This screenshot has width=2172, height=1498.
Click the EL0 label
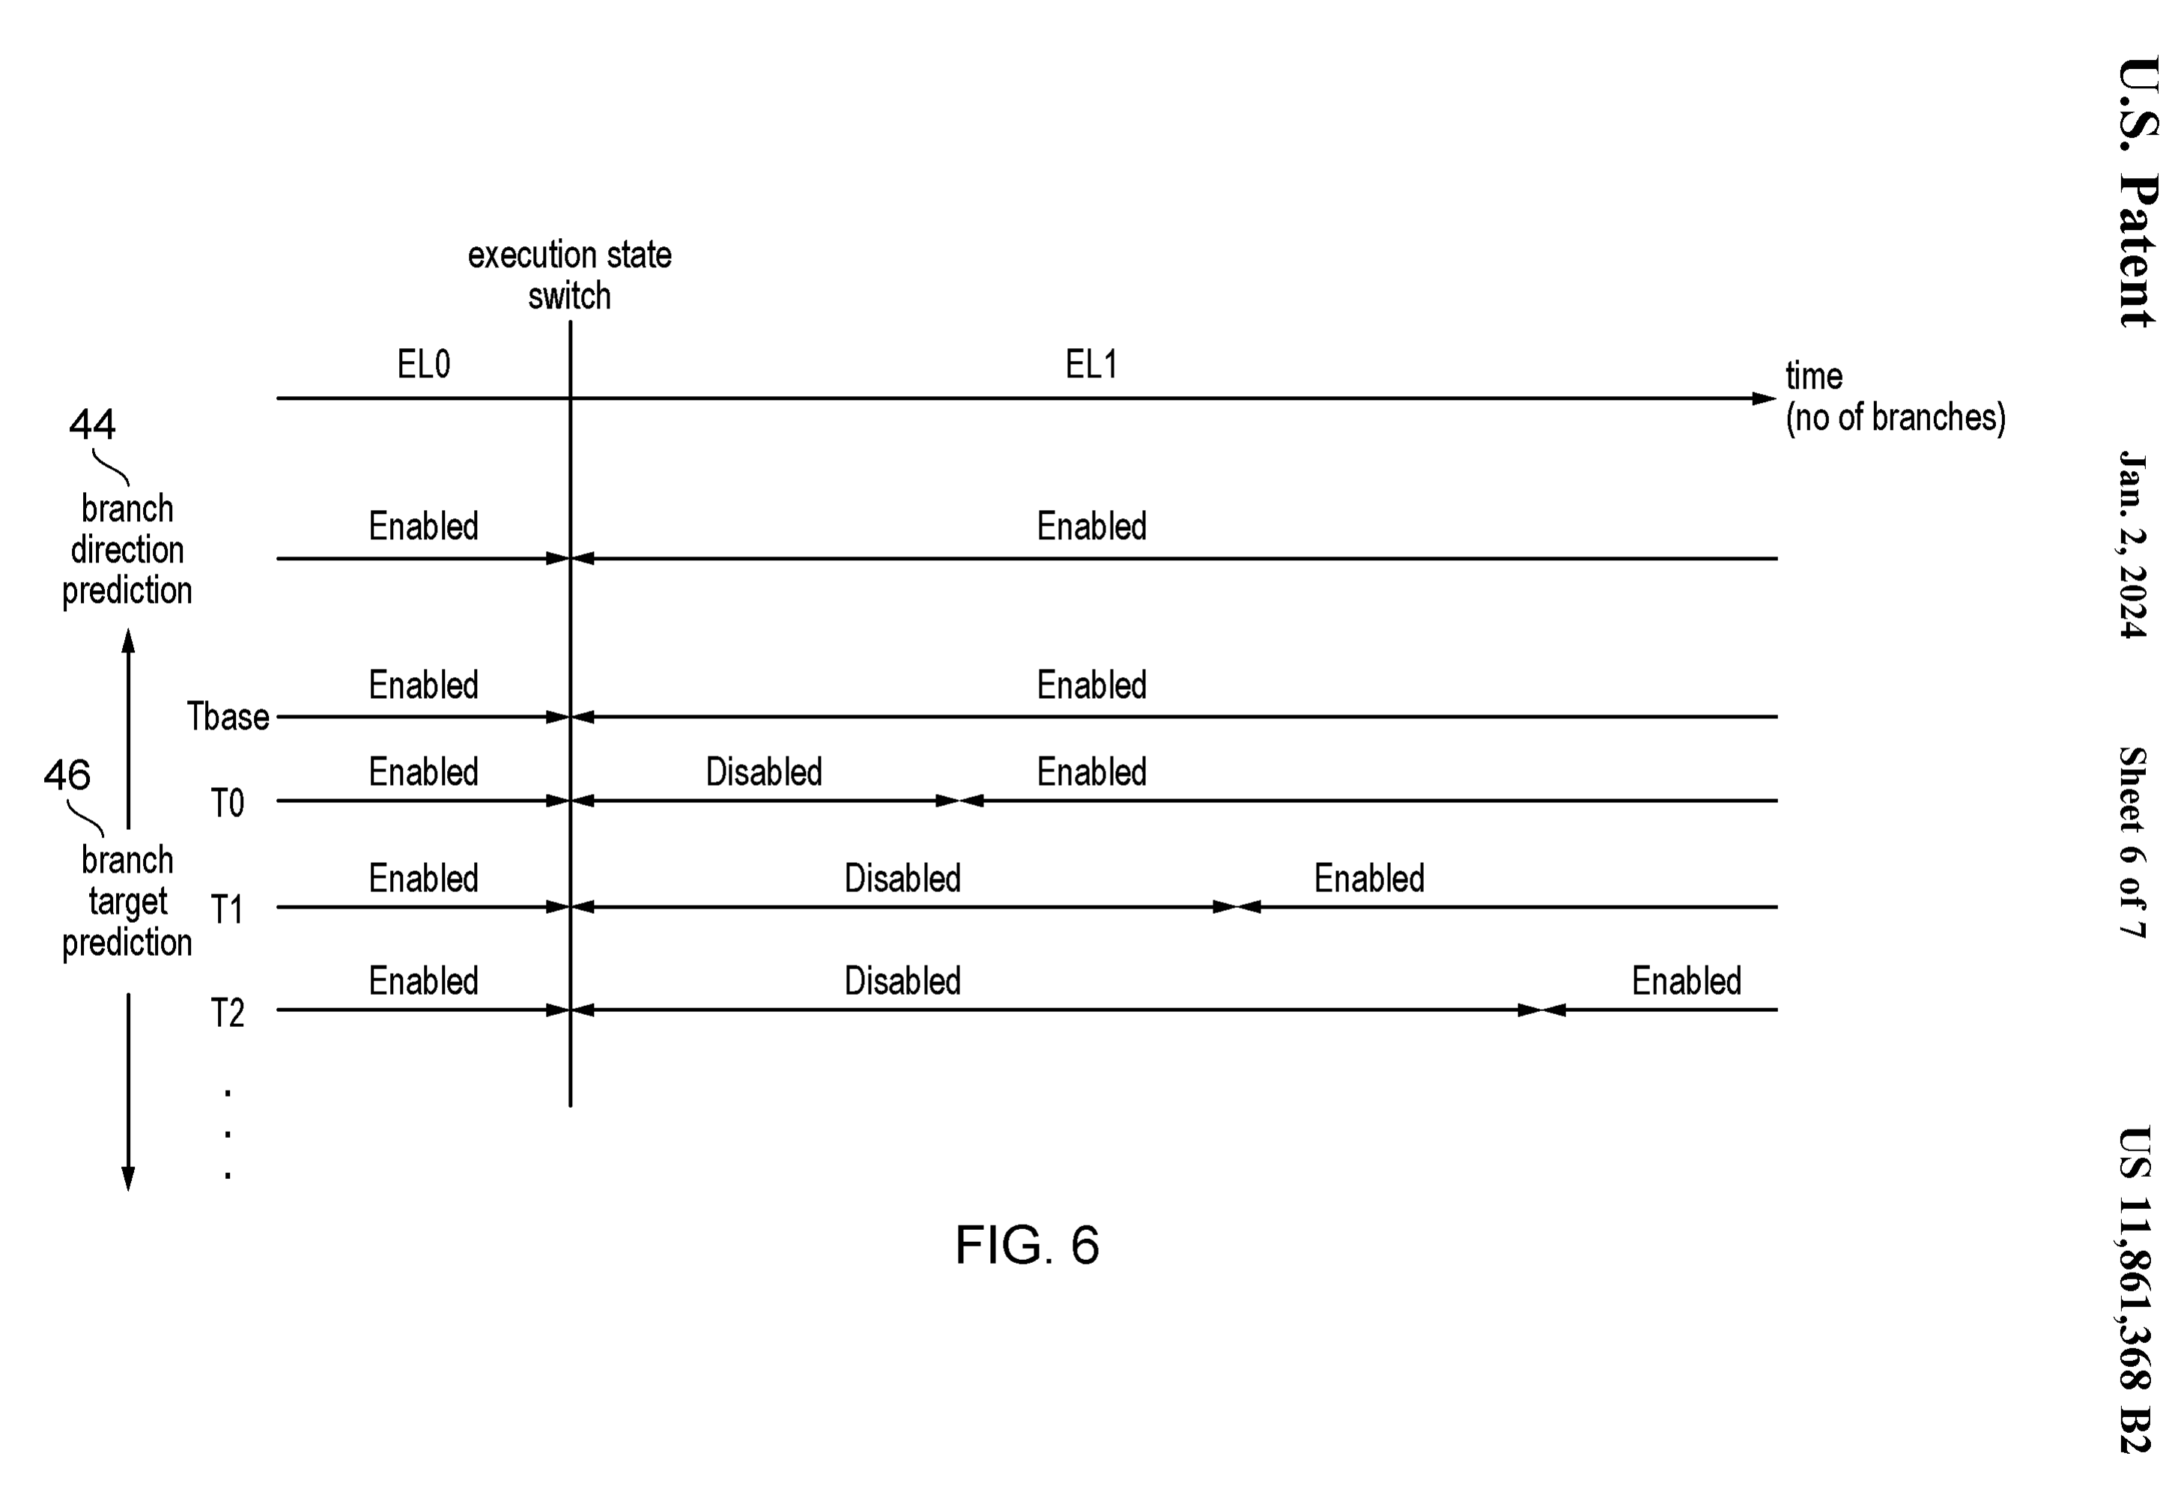[423, 364]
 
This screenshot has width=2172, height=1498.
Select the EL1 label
[1090, 364]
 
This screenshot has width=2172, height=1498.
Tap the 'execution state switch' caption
[570, 275]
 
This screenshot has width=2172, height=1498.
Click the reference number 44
[92, 424]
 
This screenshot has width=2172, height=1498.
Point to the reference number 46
[67, 775]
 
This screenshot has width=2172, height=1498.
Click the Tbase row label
[228, 716]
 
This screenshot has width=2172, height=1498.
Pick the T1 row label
[227, 909]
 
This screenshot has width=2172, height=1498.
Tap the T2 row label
[227, 1013]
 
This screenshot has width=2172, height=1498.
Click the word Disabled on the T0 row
[763, 772]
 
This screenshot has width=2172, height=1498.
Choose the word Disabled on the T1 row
[902, 879]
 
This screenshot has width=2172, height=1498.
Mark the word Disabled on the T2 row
[902, 981]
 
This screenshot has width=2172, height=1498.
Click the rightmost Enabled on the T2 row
[1686, 981]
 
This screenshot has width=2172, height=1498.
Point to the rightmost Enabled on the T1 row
[1368, 879]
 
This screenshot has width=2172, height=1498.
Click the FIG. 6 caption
[1027, 1246]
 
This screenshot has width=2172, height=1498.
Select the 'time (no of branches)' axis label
[1895, 396]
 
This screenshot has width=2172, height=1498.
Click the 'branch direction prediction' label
[127, 549]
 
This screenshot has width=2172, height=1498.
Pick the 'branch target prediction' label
[127, 901]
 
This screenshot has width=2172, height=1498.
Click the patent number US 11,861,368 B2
[2135, 1290]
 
